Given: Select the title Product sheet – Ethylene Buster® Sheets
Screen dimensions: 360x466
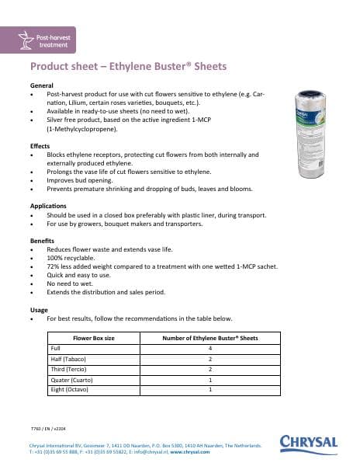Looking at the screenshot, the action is pyautogui.click(x=128, y=66).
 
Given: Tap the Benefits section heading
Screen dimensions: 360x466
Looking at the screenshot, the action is pyautogui.click(x=43, y=241).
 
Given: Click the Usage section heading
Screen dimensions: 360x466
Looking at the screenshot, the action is pyautogui.click(x=39, y=309).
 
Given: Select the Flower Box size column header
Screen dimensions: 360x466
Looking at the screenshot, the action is pyautogui.click(x=93, y=339).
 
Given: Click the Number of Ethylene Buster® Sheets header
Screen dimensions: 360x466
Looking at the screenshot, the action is pyautogui.click(x=210, y=339).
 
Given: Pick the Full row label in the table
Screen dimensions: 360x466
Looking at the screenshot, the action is pyautogui.click(x=56, y=349).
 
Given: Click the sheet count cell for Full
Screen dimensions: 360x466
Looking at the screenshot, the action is pyautogui.click(x=210, y=349).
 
